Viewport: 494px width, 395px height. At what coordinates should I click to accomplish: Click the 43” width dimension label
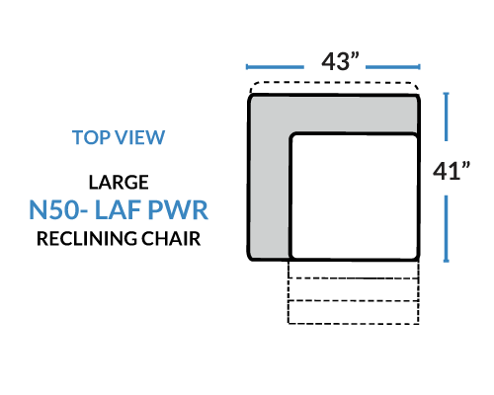(x=340, y=61)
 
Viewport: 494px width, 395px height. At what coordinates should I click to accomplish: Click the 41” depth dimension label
(x=452, y=171)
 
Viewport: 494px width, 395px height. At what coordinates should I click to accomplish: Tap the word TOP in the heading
(x=91, y=137)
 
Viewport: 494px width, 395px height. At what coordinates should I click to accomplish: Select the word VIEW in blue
(x=141, y=137)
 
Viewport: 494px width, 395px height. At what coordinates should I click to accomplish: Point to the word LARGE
(x=119, y=183)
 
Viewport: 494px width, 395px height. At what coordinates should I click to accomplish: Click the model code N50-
(x=58, y=209)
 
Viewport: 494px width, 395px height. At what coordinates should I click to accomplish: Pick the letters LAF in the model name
(x=119, y=209)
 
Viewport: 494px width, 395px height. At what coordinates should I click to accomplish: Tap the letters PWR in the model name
(x=178, y=209)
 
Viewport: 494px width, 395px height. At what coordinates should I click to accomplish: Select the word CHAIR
(x=171, y=239)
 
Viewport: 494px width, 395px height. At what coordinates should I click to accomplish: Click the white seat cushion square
(x=354, y=197)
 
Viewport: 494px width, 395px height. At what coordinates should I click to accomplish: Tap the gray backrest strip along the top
(x=334, y=114)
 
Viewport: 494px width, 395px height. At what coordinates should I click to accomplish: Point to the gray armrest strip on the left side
(x=269, y=195)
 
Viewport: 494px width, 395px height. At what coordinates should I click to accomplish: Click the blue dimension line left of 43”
(x=275, y=67)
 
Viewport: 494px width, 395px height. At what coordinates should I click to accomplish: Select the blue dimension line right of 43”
(x=393, y=67)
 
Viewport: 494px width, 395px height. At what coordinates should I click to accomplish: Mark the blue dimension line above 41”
(x=447, y=117)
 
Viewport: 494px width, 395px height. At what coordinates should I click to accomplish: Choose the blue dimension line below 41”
(x=447, y=229)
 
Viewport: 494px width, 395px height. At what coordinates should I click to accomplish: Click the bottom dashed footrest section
(x=354, y=312)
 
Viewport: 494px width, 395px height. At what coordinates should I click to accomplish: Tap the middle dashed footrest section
(x=354, y=289)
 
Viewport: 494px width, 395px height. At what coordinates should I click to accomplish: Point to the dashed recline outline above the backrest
(x=334, y=83)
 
